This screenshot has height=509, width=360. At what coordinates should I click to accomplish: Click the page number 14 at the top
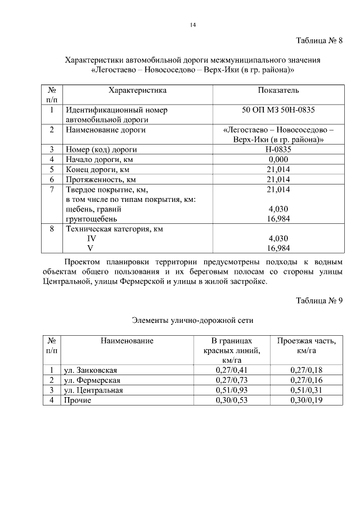point(192,25)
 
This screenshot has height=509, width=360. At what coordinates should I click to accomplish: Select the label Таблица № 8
point(319,41)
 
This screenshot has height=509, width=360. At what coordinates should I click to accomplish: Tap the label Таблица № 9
point(319,300)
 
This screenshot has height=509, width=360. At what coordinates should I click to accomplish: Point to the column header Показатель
point(278,90)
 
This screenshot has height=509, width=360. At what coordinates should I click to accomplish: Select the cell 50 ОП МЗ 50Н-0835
point(278,110)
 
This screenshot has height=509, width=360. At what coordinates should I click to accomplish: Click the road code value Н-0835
point(278,150)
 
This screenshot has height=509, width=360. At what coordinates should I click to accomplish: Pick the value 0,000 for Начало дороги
point(278,159)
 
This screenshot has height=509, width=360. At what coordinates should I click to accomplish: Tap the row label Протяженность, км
point(101,179)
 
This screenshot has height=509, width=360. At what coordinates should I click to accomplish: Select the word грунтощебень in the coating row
point(92,219)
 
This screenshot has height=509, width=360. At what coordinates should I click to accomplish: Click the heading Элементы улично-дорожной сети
point(192,321)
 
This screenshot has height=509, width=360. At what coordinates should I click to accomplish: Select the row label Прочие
point(78,400)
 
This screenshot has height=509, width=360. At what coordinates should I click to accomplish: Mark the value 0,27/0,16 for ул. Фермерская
point(307,380)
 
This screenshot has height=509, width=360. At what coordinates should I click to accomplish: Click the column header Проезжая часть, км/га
point(307,346)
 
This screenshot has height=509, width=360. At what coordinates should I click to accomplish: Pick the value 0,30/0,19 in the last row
point(307,400)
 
